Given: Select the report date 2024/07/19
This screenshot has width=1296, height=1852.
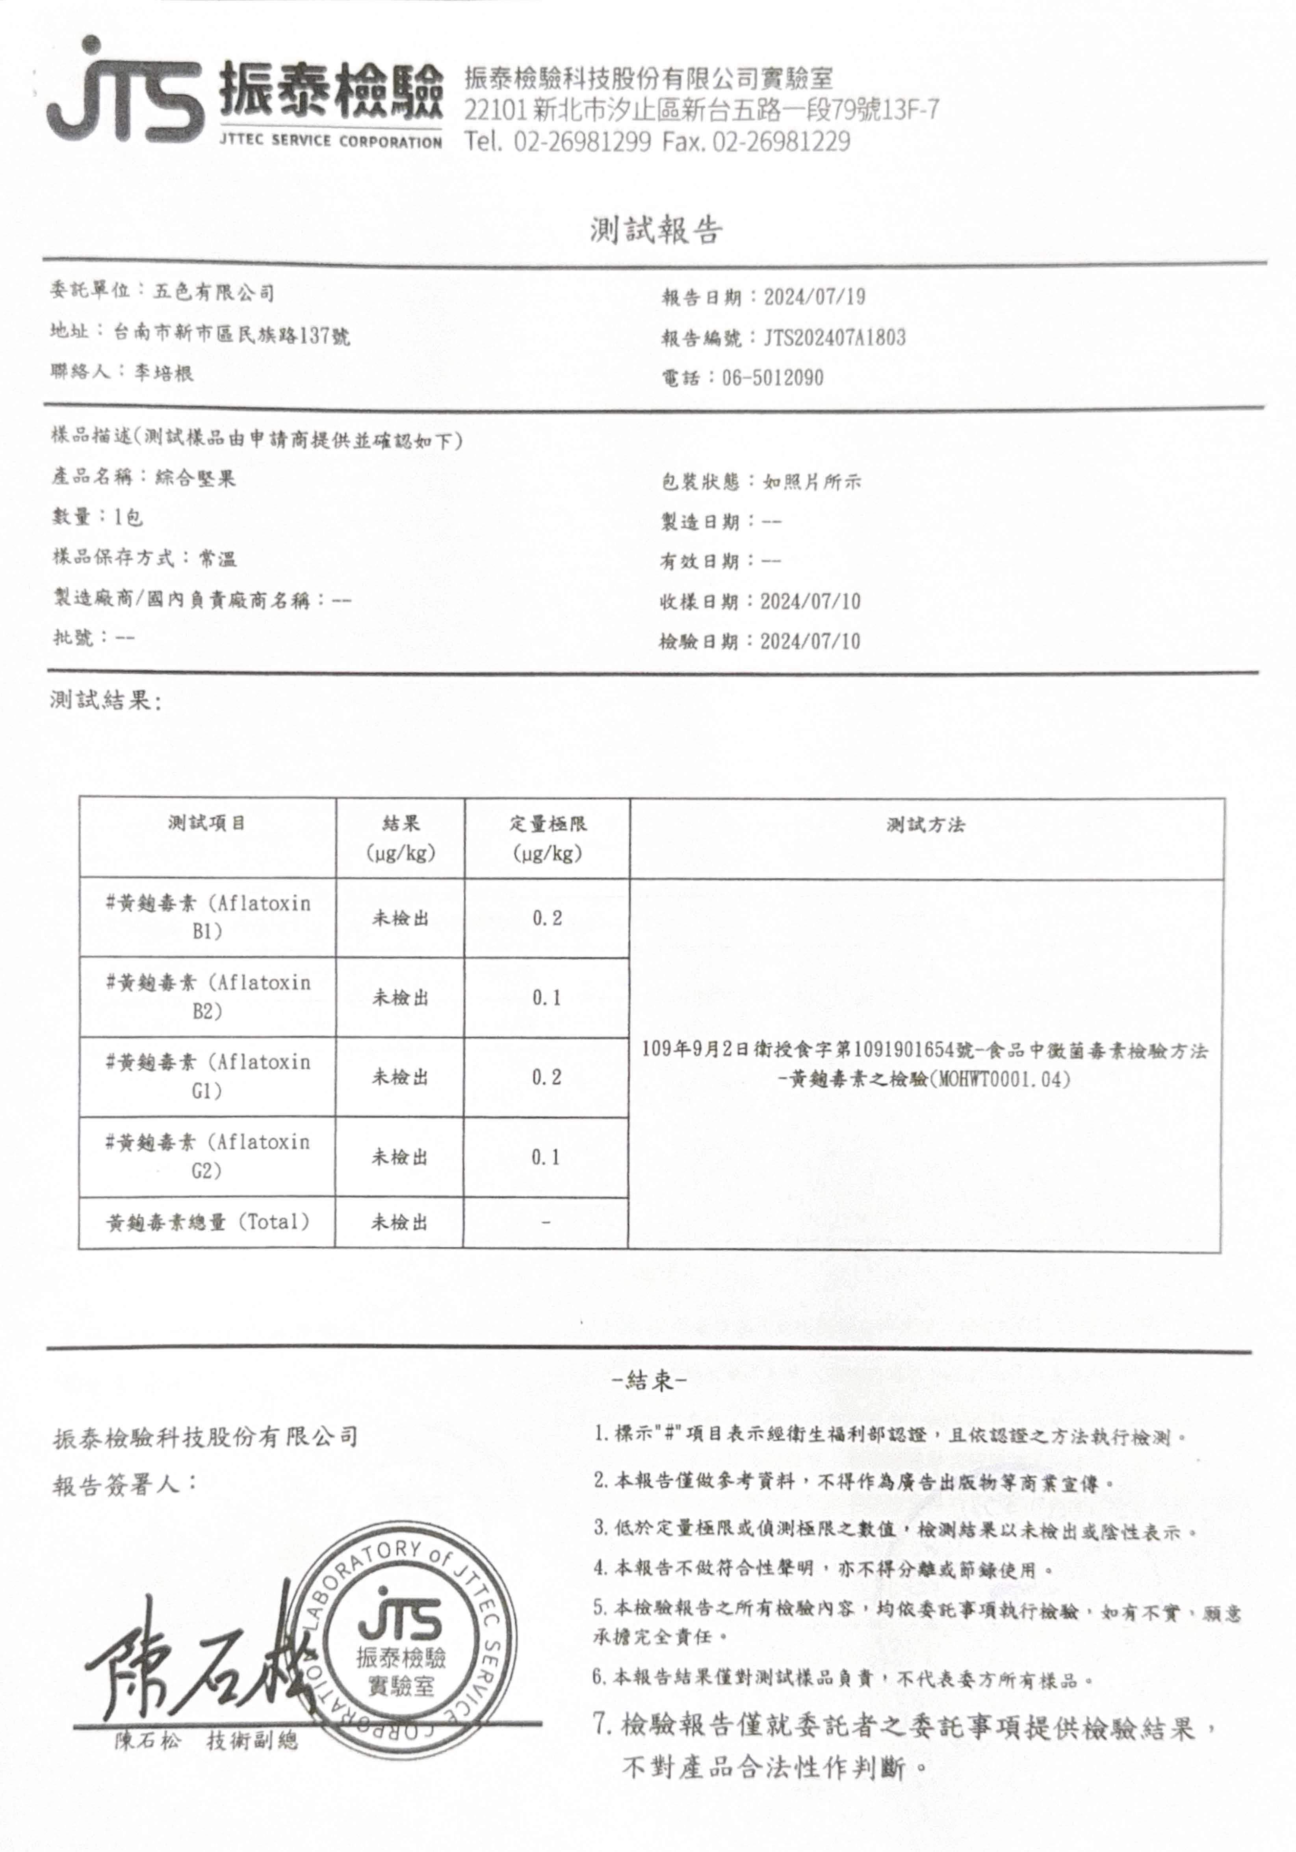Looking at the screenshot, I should (x=815, y=297).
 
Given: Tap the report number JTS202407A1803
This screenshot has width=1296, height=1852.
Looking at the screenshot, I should (x=835, y=337).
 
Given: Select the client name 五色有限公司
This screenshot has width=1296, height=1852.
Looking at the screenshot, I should (x=214, y=292).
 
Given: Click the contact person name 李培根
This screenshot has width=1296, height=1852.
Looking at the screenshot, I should (x=164, y=372).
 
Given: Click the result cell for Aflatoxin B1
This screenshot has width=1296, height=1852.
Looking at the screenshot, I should (x=400, y=918).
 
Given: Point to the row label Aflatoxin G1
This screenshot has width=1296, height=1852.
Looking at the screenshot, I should (x=207, y=1076).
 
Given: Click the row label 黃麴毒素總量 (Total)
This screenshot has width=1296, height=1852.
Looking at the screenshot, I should (x=207, y=1222).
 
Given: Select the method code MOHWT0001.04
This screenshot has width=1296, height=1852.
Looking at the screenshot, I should (x=1000, y=1079).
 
